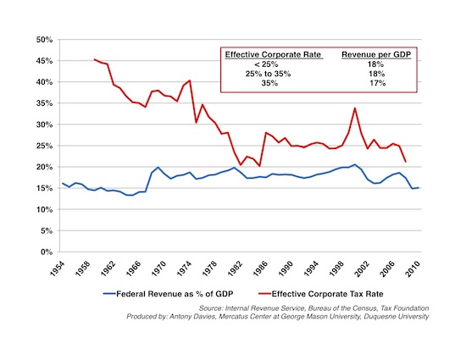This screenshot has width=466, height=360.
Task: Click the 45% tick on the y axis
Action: click(x=45, y=61)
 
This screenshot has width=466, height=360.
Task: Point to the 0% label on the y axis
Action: click(x=47, y=252)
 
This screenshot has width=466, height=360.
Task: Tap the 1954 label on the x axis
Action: click(x=57, y=269)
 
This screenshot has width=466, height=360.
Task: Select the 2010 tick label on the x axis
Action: click(x=413, y=269)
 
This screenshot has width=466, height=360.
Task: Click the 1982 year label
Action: click(x=235, y=269)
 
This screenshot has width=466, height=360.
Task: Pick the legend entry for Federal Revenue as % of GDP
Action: click(x=169, y=294)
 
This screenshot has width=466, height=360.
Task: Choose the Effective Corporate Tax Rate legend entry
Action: click(x=321, y=294)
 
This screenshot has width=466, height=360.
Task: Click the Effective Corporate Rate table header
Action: click(x=273, y=55)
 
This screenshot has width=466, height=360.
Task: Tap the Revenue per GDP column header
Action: click(x=376, y=55)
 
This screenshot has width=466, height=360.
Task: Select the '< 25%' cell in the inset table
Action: click(x=266, y=64)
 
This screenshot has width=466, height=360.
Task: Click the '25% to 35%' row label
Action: click(x=268, y=74)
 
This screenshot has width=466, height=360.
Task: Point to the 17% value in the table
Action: click(x=378, y=83)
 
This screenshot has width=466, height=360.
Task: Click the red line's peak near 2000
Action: click(x=354, y=108)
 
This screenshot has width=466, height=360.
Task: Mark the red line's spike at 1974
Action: click(x=190, y=80)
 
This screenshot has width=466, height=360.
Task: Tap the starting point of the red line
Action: click(x=94, y=59)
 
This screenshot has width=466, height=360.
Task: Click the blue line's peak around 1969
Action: click(x=158, y=167)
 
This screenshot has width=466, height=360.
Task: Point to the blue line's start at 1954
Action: click(x=63, y=183)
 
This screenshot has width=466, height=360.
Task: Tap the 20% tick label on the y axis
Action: click(x=45, y=167)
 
